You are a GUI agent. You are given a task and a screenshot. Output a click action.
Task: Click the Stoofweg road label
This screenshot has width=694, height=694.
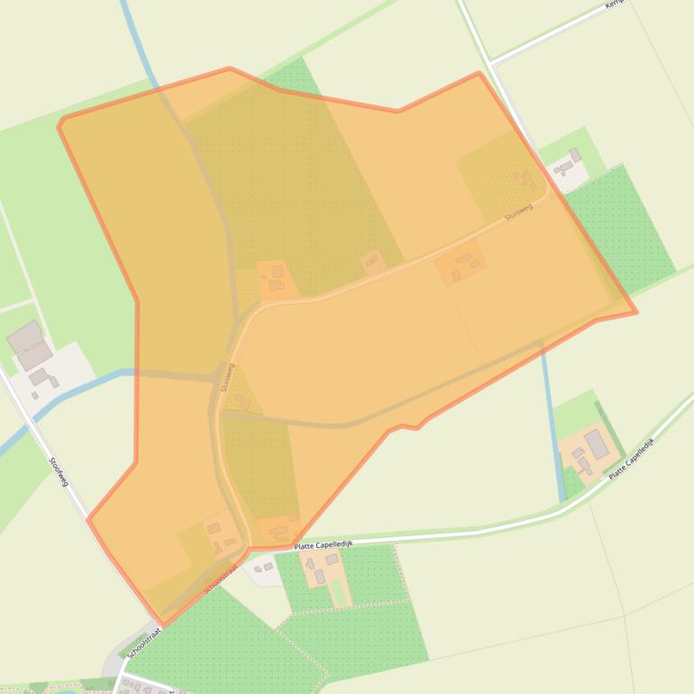(59, 471)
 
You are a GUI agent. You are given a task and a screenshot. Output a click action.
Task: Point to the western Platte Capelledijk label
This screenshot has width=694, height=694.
(323, 544)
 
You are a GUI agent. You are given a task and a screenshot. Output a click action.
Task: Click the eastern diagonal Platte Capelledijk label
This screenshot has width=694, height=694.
(631, 458)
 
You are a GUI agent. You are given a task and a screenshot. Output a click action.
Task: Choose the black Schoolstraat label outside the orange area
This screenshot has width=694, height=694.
(141, 642)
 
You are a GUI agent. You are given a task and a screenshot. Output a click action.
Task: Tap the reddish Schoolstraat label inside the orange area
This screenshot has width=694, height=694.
(221, 578)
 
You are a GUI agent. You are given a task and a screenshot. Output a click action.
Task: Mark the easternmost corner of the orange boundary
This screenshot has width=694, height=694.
(636, 313)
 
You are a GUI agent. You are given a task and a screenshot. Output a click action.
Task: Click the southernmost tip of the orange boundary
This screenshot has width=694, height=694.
(163, 625)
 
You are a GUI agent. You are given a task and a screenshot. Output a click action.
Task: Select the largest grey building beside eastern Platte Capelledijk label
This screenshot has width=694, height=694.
(596, 443)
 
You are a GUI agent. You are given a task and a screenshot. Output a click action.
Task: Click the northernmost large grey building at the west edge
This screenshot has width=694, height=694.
(24, 337)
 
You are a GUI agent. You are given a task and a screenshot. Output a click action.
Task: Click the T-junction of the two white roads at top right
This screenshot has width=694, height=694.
(492, 63)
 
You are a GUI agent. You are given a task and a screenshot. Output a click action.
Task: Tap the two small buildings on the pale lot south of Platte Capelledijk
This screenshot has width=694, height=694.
(262, 567)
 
